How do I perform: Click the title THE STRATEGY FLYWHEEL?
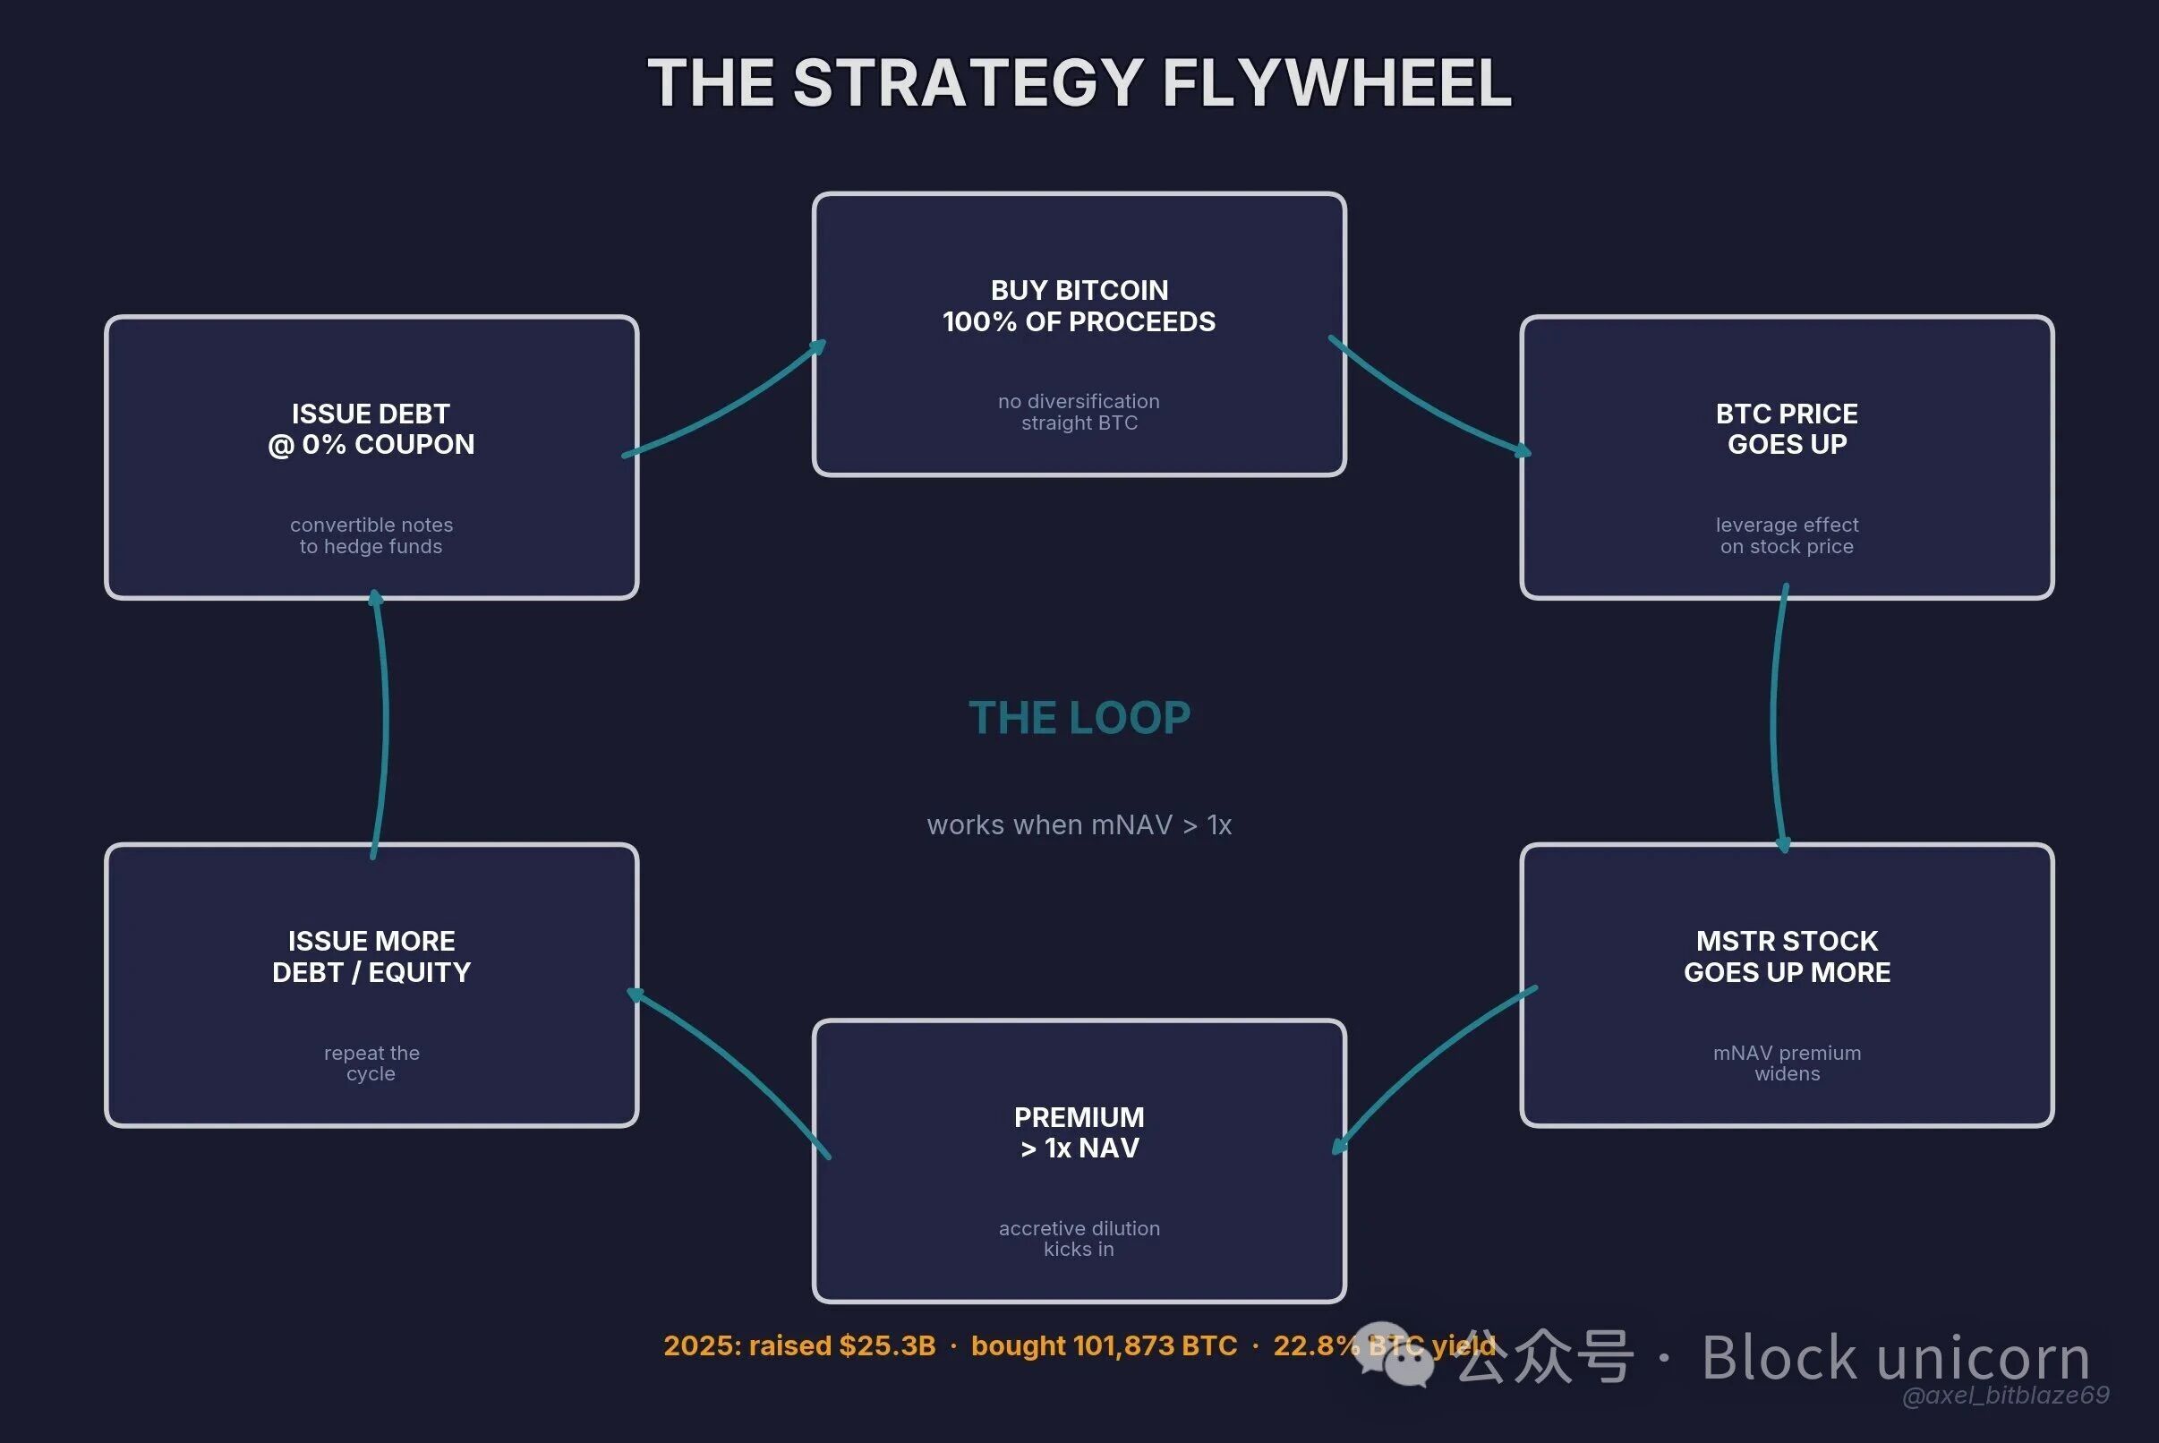1079,83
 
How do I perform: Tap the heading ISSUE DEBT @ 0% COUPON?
371,429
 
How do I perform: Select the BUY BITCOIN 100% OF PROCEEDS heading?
1079,305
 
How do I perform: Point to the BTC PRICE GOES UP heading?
1787,429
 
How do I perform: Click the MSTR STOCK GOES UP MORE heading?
1787,956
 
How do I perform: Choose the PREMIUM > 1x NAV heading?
1079,1132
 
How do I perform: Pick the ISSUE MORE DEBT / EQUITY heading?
371,956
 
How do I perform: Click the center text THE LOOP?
1079,718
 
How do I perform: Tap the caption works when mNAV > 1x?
1079,824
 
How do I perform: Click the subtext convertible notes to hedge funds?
371,535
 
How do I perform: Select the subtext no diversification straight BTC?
1079,413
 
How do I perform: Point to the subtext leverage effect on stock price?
1787,535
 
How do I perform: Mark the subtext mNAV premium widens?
1787,1063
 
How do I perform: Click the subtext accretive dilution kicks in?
1079,1239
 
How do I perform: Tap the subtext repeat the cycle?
371,1063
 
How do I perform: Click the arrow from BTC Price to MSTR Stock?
1775,718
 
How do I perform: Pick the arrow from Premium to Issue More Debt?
731,1068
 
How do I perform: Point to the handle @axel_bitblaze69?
2005,1396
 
